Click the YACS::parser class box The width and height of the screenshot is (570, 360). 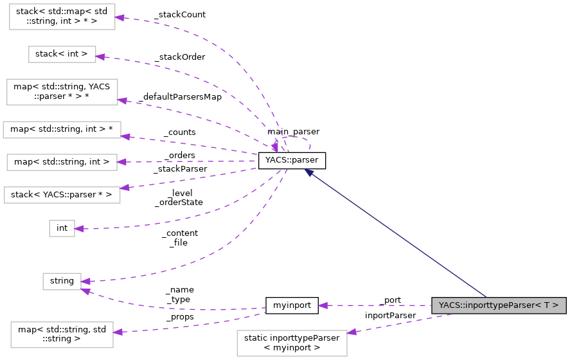click(292, 161)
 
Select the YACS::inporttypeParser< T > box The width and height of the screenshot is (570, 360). click(498, 305)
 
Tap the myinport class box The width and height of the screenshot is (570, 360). click(292, 305)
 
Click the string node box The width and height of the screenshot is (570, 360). click(62, 281)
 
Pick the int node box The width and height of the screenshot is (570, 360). click(62, 228)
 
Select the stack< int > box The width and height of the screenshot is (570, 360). click(62, 54)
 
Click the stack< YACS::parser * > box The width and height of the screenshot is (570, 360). click(62, 194)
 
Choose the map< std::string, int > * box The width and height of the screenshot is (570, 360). click(62, 129)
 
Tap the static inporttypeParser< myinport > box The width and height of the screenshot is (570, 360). click(292, 343)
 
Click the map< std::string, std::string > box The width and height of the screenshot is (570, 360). click(62, 335)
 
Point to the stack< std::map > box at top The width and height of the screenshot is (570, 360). click(62, 15)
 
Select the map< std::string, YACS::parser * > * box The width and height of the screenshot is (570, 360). click(62, 91)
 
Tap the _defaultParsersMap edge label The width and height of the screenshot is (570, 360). click(179, 97)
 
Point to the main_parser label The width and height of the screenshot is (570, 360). click(293, 131)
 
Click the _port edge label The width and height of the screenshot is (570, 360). click(390, 300)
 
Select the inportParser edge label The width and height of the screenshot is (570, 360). click(390, 315)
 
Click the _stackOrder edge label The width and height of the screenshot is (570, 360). click(179, 57)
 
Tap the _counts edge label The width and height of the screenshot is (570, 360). click(179, 132)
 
